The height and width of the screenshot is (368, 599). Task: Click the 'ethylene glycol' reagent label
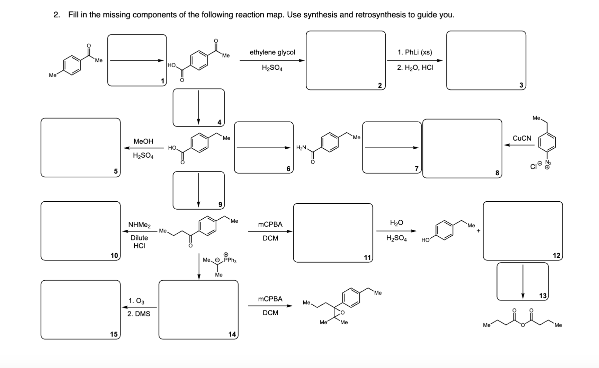click(272, 52)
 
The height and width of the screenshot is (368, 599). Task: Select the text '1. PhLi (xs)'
click(414, 52)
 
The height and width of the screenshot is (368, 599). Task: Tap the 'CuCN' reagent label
click(521, 138)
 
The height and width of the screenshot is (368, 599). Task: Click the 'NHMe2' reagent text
click(139, 225)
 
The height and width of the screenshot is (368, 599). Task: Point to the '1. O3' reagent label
click(136, 301)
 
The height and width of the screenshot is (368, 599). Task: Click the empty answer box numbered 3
click(486, 60)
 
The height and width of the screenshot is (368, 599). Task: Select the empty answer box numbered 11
click(333, 232)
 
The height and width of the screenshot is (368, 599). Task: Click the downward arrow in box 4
click(198, 107)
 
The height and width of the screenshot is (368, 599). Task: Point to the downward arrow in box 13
click(522, 281)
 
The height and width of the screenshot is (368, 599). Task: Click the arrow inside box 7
click(392, 148)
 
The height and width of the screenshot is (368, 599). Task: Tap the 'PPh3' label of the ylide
click(230, 260)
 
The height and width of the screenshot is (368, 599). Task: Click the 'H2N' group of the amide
click(301, 148)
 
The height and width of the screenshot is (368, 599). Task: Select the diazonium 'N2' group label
click(548, 163)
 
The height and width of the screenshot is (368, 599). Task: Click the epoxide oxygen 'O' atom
click(342, 313)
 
